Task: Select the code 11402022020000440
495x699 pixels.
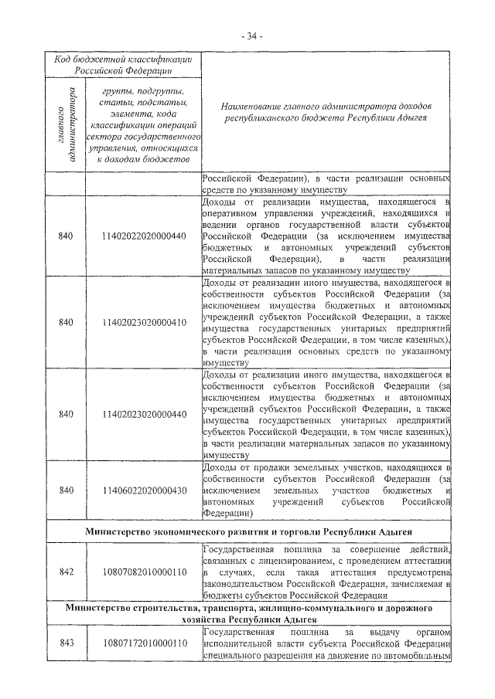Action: click(x=143, y=236)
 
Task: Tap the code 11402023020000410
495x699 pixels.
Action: click(x=143, y=322)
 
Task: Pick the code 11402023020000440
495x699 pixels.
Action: click(x=143, y=414)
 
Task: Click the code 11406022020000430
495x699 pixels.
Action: click(x=143, y=490)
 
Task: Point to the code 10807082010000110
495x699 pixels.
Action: click(x=143, y=572)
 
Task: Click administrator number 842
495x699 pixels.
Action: click(x=66, y=572)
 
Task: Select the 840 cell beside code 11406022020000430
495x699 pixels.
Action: click(x=66, y=490)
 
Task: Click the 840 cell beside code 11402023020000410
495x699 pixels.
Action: click(x=66, y=322)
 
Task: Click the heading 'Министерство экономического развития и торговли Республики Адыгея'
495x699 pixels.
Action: click(x=248, y=533)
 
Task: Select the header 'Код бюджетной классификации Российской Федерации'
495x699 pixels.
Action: click(x=123, y=64)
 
